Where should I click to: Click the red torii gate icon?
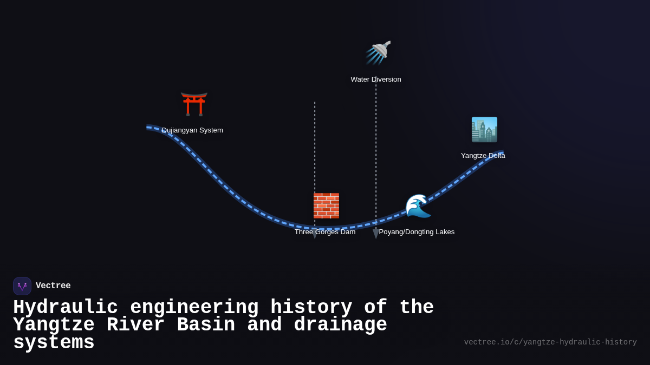(194, 104)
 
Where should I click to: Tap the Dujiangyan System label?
(192, 130)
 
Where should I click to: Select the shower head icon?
(378, 52)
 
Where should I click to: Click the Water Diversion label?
(376, 79)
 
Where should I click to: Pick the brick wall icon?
(326, 205)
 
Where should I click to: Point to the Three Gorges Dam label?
(325, 232)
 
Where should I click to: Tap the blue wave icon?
(418, 206)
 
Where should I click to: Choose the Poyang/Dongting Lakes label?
(417, 232)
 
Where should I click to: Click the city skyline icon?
(484, 130)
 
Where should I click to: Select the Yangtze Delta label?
(483, 156)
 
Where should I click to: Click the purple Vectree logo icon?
(22, 286)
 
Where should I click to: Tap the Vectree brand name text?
(53, 286)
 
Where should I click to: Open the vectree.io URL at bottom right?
(550, 342)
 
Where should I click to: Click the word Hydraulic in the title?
(66, 308)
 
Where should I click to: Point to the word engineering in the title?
(194, 308)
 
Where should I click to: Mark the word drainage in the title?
(340, 325)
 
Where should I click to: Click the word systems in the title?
(54, 343)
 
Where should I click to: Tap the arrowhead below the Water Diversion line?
(376, 234)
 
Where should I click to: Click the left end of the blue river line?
(148, 128)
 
